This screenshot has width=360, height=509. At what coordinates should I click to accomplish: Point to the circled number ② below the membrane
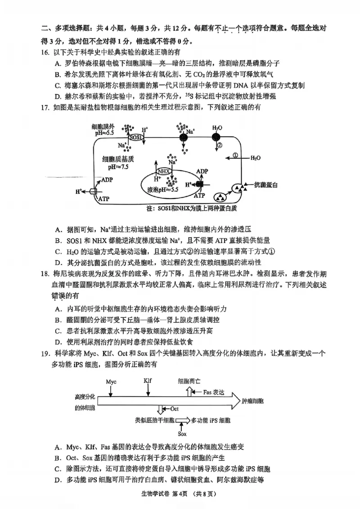point(220,146)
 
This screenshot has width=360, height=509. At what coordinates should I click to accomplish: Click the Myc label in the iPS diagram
point(111,382)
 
